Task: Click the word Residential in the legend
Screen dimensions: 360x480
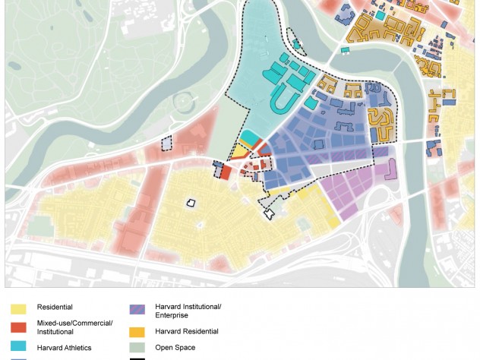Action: [55, 308]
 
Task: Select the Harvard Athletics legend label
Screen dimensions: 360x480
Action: [64, 348]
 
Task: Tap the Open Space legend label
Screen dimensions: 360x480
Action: [175, 348]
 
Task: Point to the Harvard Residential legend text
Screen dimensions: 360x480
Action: [186, 332]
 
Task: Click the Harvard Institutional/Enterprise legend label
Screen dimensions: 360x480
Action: [188, 311]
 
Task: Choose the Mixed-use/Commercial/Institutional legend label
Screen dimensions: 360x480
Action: [74, 327]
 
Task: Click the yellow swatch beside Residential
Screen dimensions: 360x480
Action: [18, 308]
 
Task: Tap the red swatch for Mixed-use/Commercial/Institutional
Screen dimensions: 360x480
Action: [18, 327]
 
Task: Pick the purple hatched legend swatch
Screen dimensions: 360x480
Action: [137, 309]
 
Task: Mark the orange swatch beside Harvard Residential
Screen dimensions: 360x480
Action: [137, 332]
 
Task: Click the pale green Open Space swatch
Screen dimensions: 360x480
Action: [137, 348]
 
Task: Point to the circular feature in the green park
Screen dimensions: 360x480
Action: [183, 100]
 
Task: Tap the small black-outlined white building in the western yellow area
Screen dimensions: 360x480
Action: [191, 203]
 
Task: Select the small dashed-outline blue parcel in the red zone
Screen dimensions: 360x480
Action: [167, 142]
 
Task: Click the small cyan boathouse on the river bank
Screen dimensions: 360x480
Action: [345, 51]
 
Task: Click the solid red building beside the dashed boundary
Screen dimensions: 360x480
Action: [225, 172]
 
